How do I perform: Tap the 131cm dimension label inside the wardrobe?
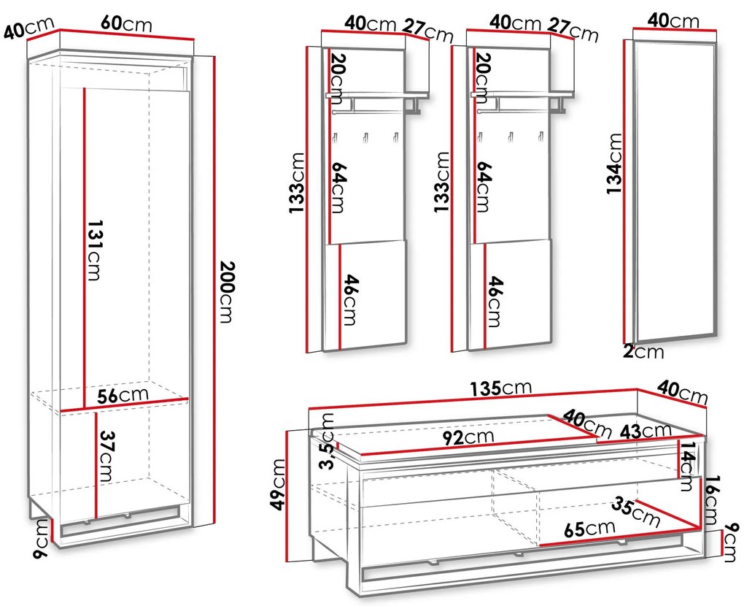(94, 250)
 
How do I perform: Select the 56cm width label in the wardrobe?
(123, 395)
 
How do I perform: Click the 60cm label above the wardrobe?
(126, 23)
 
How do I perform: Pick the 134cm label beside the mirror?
(614, 164)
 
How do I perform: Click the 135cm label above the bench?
(501, 388)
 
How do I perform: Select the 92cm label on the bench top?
(468, 437)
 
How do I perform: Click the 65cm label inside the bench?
(589, 528)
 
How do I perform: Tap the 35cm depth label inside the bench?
(635, 512)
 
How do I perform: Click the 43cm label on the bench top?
(646, 432)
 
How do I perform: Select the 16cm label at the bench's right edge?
(710, 500)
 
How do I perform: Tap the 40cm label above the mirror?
(673, 20)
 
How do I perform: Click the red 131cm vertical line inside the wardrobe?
(85, 248)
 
